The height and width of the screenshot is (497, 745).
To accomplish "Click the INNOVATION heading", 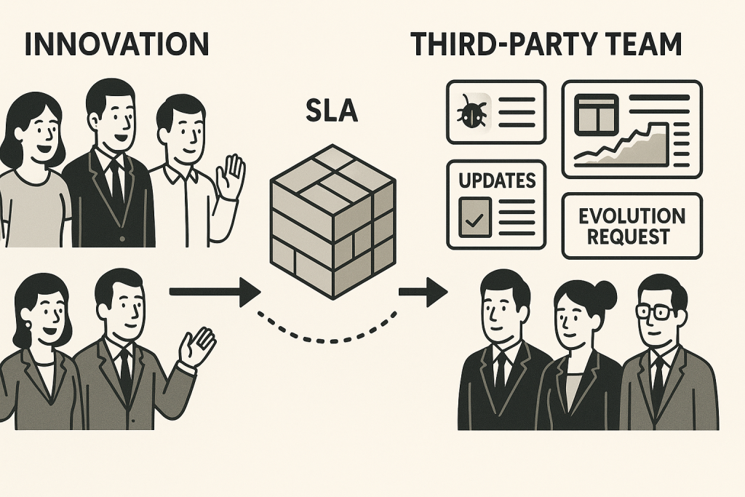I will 116,44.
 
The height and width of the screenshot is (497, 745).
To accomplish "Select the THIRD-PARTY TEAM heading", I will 546,44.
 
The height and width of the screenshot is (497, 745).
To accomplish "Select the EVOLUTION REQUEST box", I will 632,226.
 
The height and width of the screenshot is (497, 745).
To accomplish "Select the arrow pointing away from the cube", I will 423,293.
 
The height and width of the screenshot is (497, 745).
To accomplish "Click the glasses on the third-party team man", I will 658,311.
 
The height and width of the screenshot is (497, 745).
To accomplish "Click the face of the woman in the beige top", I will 34,132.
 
